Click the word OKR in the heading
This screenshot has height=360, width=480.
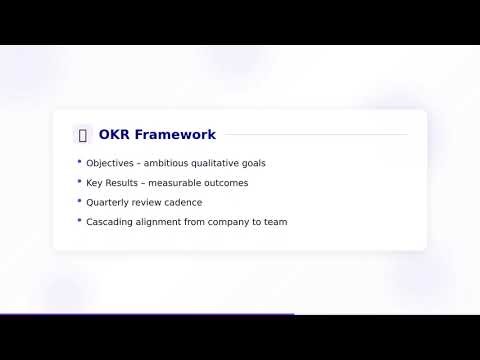coord(114,135)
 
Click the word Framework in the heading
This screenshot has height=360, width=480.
coord(175,135)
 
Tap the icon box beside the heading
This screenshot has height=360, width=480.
coord(82,135)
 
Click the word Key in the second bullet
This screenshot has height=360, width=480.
coord(94,183)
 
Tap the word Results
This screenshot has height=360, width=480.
coord(123,183)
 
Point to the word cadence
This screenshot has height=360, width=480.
coord(181,202)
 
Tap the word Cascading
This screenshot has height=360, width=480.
coord(110,222)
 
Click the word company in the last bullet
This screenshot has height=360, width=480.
coord(234,222)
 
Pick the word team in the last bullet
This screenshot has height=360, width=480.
coord(277,222)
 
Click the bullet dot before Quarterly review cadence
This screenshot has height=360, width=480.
coord(79,201)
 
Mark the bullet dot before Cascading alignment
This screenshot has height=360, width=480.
coord(79,221)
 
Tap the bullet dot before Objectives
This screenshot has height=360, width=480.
coord(79,162)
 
